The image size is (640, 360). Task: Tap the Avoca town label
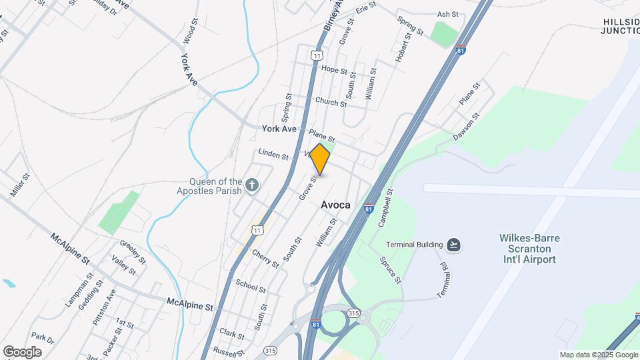point(335,205)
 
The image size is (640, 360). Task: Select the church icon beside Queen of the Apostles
point(252,185)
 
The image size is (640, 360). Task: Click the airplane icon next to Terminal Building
point(454,245)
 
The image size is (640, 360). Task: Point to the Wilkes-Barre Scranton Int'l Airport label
point(529,249)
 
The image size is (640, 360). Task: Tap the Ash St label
point(447,14)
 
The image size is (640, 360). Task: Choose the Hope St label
point(334,69)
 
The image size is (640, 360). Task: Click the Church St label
point(331,102)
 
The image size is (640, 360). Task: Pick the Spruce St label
point(391,270)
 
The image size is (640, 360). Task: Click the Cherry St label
point(266,259)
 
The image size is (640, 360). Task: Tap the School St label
point(251,286)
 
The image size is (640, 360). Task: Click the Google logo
point(22,352)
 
